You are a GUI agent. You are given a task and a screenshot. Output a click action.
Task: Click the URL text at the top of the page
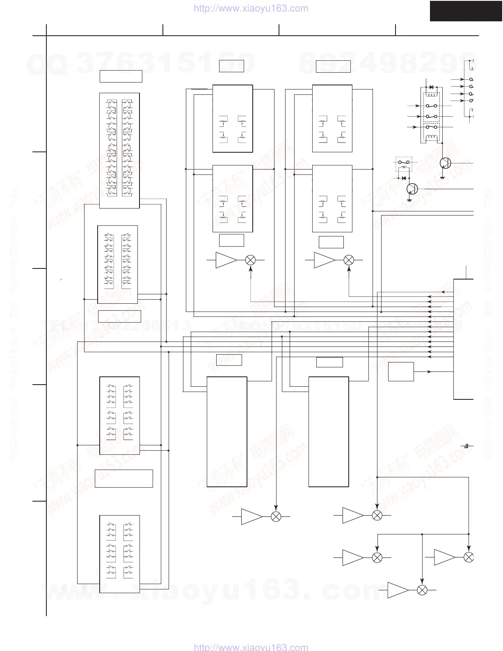pos(250,8)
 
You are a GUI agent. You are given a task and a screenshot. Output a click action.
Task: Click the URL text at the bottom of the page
pos(250,647)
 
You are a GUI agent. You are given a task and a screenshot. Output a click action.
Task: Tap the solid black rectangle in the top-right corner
pos(466,11)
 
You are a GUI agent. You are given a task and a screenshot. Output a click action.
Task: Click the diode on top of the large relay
pos(431,87)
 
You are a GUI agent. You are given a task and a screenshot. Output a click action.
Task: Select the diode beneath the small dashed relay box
pos(404,178)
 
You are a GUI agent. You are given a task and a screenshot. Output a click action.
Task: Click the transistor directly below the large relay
pos(445,163)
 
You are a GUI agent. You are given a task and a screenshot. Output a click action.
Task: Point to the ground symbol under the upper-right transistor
pos(442,178)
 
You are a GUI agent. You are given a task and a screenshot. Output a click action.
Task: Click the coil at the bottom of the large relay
pos(431,138)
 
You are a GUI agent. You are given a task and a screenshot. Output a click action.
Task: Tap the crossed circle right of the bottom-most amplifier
pos(422,590)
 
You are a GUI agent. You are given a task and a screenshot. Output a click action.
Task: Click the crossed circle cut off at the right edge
pos(469,557)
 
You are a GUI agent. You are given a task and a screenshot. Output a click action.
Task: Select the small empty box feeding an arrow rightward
pos(401,371)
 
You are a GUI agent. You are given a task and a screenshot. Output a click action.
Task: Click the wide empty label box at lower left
pos(123,479)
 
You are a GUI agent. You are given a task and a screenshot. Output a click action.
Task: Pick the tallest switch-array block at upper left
pos(119,150)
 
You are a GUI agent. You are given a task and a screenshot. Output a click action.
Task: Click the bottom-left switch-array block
pos(119,554)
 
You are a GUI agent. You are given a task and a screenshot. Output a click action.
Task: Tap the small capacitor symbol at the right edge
pos(466,446)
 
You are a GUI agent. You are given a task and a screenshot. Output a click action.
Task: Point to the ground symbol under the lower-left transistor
pos(409,200)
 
